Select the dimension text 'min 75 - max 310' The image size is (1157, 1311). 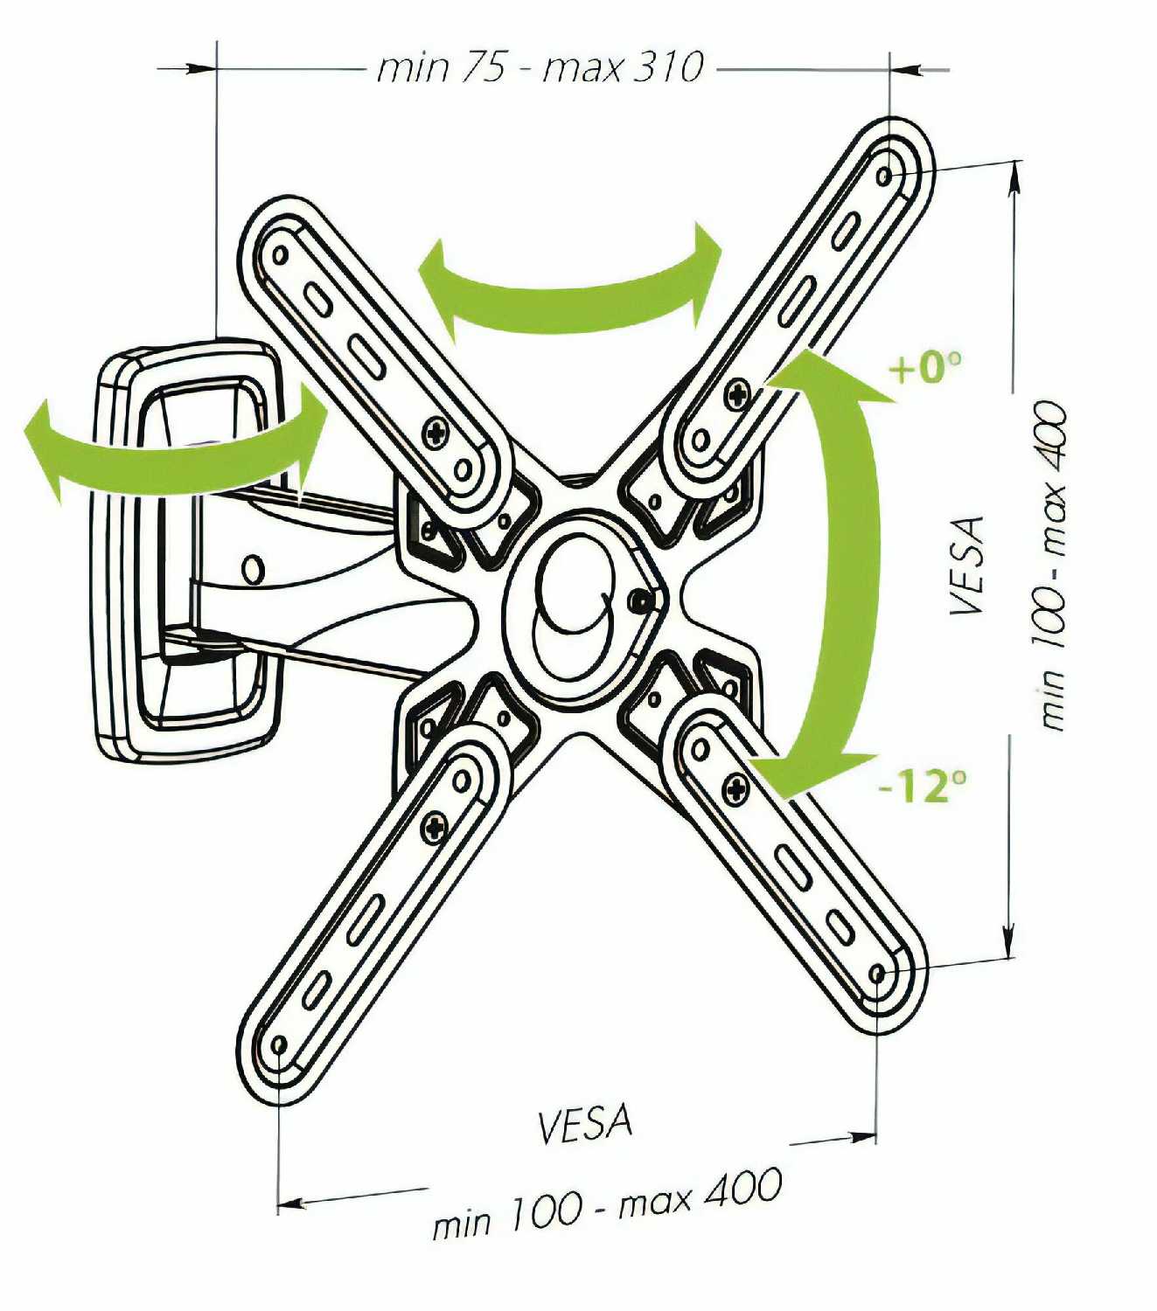pyautogui.click(x=540, y=68)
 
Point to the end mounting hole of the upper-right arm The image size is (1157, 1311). pyautogui.click(x=886, y=177)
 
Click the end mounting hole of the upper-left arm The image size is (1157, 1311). pyautogui.click(x=281, y=255)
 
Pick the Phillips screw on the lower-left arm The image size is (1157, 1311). pyautogui.click(x=435, y=826)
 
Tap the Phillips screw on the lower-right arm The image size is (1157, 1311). pyautogui.click(x=737, y=787)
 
